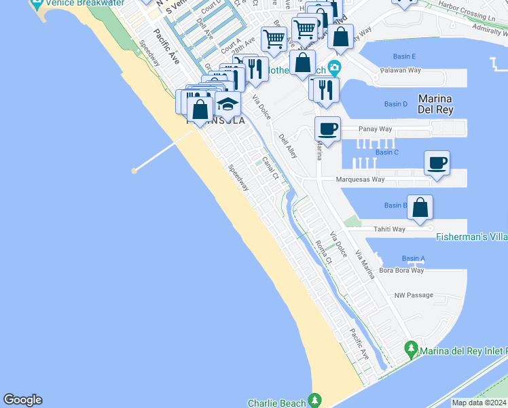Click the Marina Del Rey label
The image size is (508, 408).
pyautogui.click(x=435, y=103)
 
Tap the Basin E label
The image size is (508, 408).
pyautogui.click(x=404, y=56)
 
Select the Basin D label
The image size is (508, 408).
pyautogui.click(x=395, y=104)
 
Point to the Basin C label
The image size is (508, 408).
pyautogui.click(x=386, y=152)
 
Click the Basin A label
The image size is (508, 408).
pyautogui.click(x=413, y=258)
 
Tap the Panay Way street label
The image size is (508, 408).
pyautogui.click(x=376, y=129)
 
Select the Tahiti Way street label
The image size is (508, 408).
pyautogui.click(x=389, y=229)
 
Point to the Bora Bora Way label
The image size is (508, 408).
pyautogui.click(x=401, y=270)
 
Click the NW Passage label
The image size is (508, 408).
pyautogui.click(x=413, y=295)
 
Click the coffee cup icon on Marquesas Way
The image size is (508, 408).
pyautogui.click(x=437, y=163)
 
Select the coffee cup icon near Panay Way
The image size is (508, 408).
pyautogui.click(x=327, y=129)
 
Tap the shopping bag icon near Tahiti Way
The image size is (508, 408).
pyautogui.click(x=420, y=207)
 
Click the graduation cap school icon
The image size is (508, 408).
pyautogui.click(x=228, y=105)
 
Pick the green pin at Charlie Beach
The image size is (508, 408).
pyautogui.click(x=314, y=400)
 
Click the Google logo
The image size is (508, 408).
pyautogui.click(x=22, y=400)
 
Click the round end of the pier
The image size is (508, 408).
pyautogui.click(x=134, y=171)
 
